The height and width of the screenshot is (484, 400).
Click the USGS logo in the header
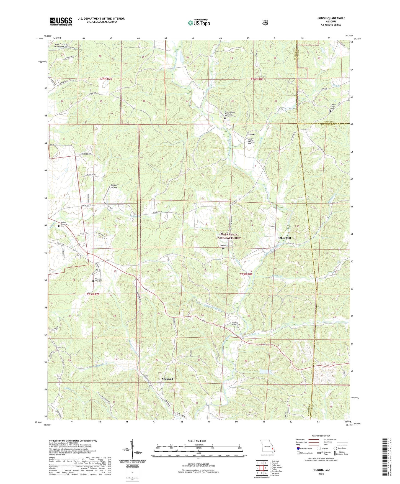pos(61,21)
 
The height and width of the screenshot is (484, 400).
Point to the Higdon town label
pos(251,134)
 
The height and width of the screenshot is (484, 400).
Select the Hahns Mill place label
pos(284,238)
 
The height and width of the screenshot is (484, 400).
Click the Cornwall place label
pos(167,379)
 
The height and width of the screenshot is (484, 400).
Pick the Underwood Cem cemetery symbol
pos(223,248)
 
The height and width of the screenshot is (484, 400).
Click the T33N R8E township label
pos(246,274)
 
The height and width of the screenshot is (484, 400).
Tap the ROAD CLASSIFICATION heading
pos(321,436)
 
